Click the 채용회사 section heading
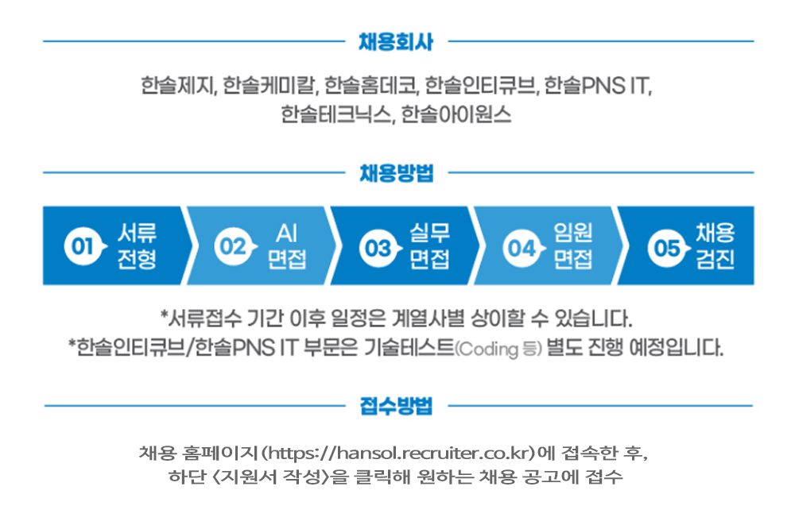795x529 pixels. [x=396, y=42]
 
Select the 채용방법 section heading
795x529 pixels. [x=396, y=173]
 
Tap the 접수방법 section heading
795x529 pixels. [x=396, y=407]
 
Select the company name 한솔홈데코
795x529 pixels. [x=371, y=85]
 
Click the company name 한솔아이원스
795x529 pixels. [x=456, y=114]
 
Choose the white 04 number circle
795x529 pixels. [x=521, y=247]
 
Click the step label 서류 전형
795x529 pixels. [x=137, y=245]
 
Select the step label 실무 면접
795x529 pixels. [x=430, y=245]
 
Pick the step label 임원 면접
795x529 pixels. [x=573, y=245]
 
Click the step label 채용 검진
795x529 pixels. [x=715, y=245]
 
